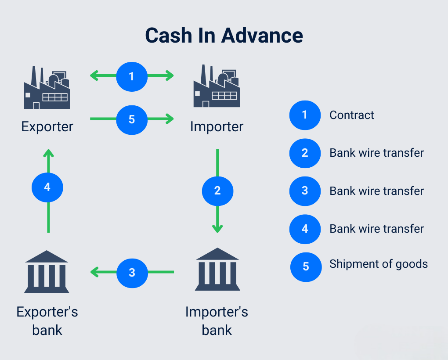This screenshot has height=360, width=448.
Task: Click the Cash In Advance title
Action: pos(224,35)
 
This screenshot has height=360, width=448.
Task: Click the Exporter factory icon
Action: pos(47,88)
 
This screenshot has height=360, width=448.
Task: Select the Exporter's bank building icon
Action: pos(47,272)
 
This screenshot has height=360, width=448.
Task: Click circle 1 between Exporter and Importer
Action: pos(132,76)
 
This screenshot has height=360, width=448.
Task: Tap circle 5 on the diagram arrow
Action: pos(132,119)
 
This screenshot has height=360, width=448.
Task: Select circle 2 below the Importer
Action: pos(217,191)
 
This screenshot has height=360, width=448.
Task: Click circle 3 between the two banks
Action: pos(132,273)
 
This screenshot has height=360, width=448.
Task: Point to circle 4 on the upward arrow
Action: pos(47,187)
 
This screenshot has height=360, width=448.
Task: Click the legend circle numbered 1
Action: pos(305,115)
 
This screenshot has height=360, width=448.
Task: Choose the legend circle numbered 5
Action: pos(306,266)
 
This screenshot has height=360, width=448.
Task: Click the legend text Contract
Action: pos(352,115)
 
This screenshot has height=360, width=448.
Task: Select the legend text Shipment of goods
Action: pos(378,264)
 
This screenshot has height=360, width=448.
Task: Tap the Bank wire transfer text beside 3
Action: pos(376,191)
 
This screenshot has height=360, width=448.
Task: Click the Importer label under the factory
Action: pos(217,127)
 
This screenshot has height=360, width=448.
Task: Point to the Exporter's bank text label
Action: pos(47,321)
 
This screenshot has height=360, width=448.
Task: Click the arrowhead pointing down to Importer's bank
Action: pos(217,229)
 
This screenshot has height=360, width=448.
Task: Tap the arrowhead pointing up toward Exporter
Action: pos(48,153)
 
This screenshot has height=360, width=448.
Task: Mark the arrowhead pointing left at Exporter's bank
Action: pos(94,273)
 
